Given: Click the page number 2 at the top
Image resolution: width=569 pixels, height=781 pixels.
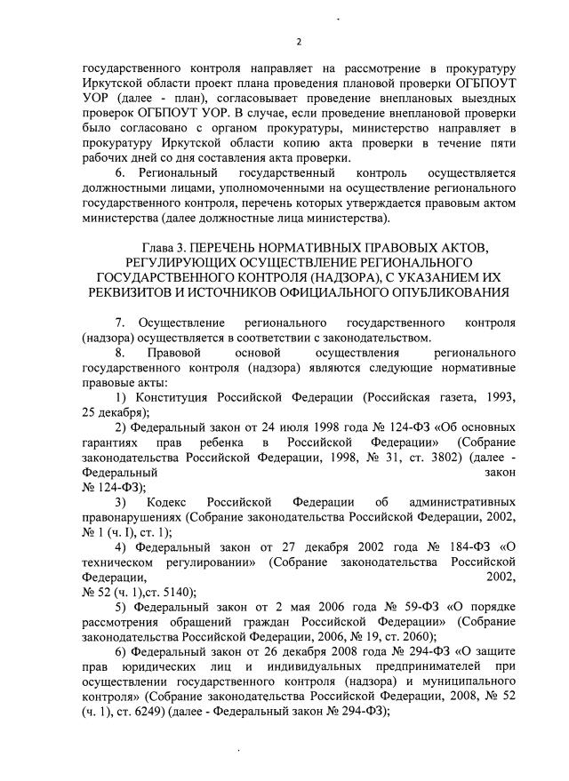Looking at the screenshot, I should point(300,42).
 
